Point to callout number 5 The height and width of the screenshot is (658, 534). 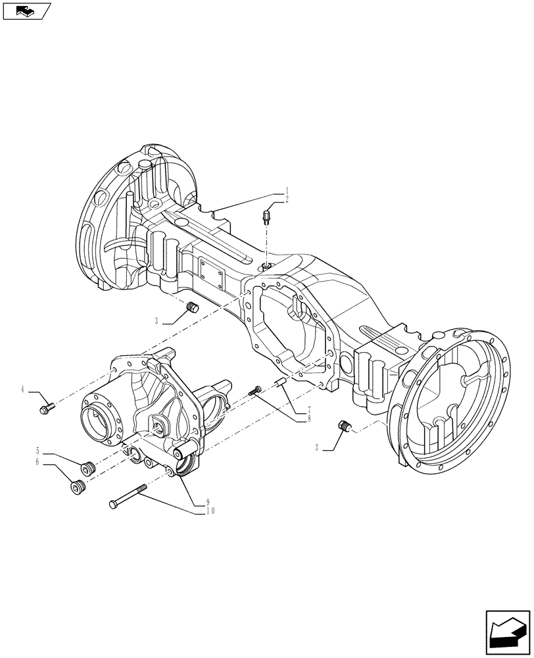coord(38,451)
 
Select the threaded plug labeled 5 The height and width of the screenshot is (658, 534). coord(87,468)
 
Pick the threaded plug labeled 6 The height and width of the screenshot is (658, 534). coord(78,488)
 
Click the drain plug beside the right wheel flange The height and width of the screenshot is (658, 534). coord(343,426)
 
